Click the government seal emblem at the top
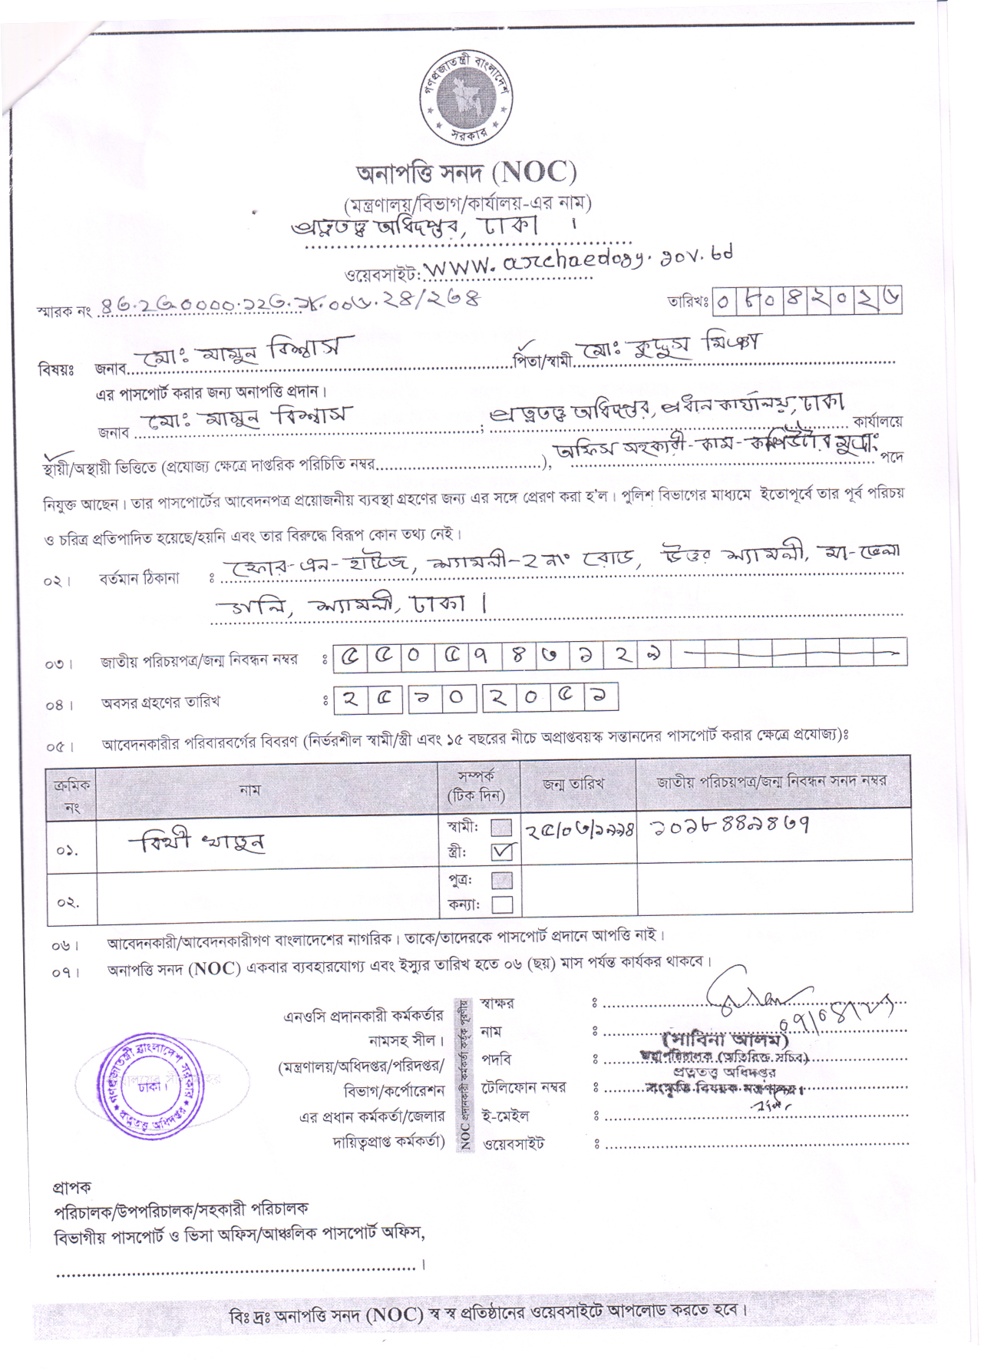point(467,98)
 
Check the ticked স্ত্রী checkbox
point(503,851)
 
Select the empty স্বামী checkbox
point(501,827)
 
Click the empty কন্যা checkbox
point(502,904)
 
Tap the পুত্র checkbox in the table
point(502,879)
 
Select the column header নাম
point(249,789)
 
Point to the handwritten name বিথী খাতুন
point(197,843)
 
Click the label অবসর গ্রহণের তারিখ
point(160,702)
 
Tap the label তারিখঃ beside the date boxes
point(687,303)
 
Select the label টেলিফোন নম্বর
point(524,1087)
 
